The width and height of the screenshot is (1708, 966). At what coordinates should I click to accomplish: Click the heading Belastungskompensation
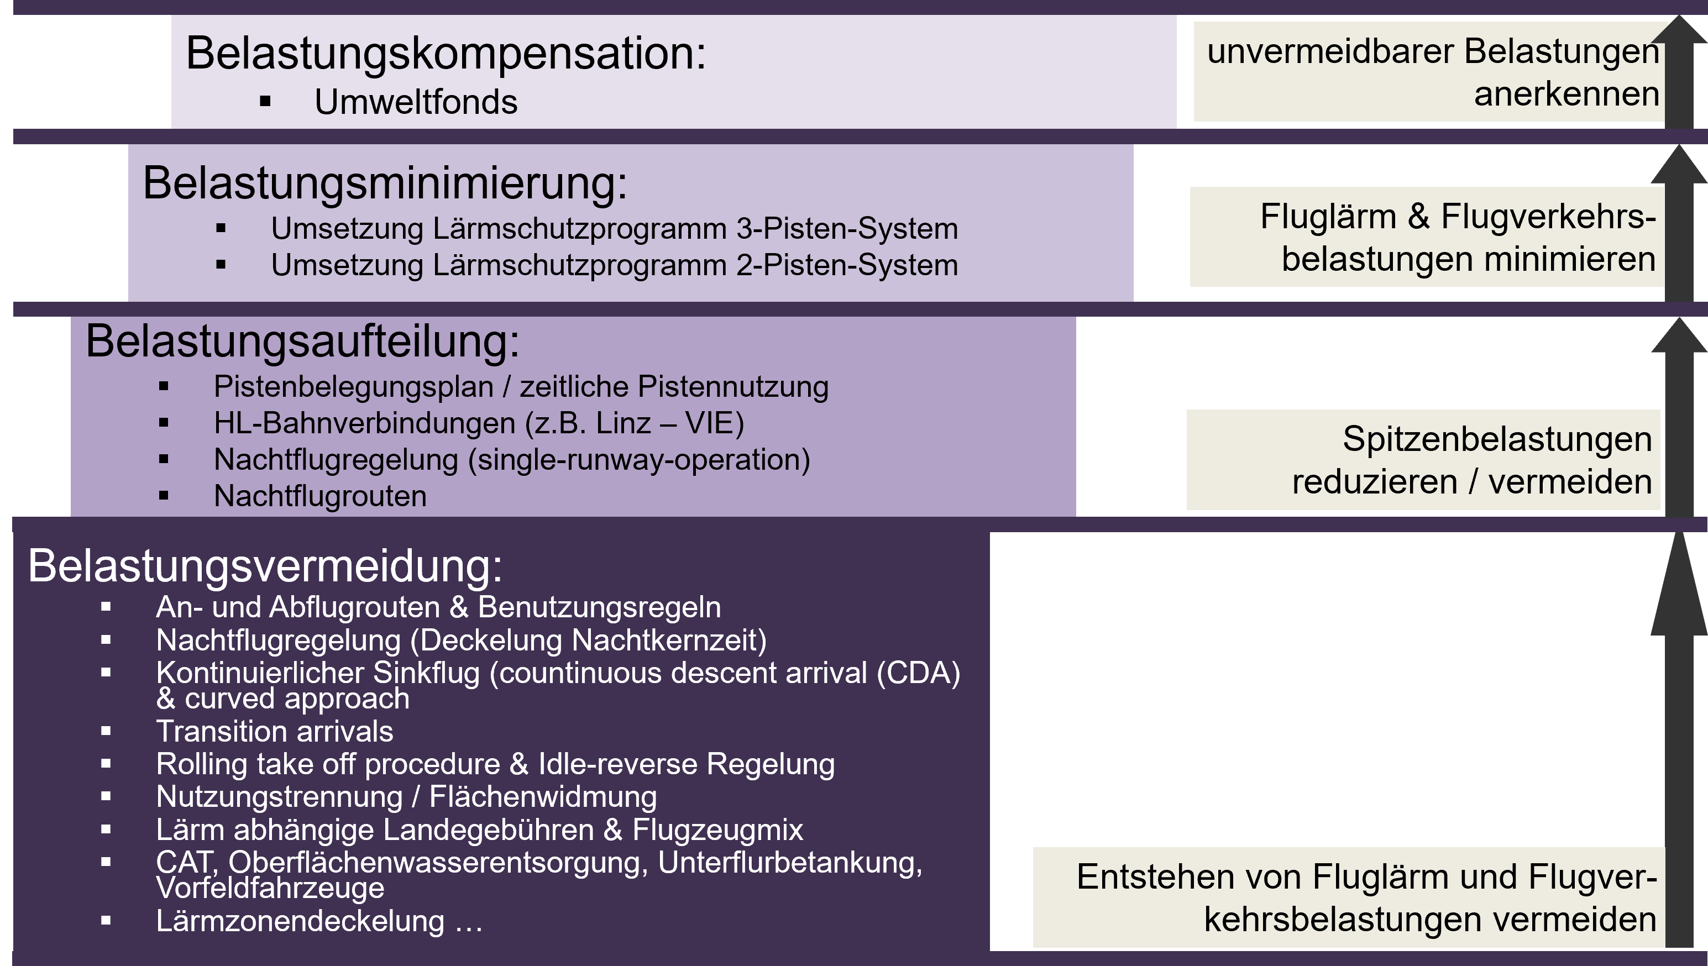point(446,53)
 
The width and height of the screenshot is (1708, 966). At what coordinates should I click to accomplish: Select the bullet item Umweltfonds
point(416,102)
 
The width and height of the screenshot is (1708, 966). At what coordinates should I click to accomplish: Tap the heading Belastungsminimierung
point(385,183)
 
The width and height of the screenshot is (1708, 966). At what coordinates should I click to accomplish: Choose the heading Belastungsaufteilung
point(302,341)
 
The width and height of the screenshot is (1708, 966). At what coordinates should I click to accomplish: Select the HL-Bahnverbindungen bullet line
point(479,423)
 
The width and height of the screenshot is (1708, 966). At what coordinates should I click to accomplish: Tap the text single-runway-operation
point(639,460)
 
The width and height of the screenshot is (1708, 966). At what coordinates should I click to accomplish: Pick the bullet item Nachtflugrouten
point(320,496)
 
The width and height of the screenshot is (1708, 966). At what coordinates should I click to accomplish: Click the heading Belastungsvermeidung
point(265,566)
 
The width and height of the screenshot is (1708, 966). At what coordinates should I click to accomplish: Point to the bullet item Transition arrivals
point(275,731)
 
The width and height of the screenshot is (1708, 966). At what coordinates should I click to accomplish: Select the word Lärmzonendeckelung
point(300,921)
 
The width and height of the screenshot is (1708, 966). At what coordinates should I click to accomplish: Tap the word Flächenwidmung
point(543,797)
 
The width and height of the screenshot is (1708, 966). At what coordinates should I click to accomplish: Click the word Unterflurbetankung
point(790,863)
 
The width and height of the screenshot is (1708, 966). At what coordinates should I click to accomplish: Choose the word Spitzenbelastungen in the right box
point(1497,440)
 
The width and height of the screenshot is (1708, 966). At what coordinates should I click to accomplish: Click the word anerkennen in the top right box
point(1566,94)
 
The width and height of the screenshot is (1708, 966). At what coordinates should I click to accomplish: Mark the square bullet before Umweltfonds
point(265,102)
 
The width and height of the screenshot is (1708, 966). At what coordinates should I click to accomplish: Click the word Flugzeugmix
point(718,830)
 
